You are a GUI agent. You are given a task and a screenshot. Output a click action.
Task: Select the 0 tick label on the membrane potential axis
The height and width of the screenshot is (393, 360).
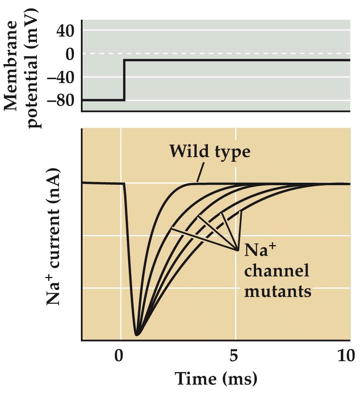(x=68, y=54)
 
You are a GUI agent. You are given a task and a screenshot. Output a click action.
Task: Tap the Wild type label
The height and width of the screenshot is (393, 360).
(x=210, y=151)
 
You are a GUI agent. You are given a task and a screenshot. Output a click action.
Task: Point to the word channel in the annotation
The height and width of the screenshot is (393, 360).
(x=276, y=271)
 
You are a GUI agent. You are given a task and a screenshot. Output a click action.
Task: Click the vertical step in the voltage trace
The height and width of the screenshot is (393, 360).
(x=124, y=80)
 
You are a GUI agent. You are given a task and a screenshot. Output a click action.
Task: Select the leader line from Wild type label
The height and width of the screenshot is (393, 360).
(x=200, y=172)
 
